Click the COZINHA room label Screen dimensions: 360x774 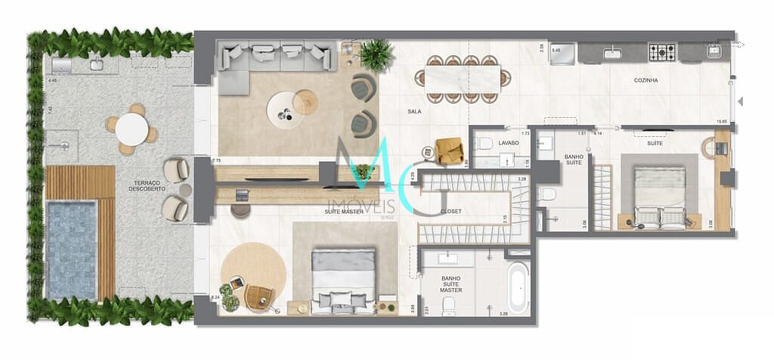(646, 80)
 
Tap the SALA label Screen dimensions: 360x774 (414, 111)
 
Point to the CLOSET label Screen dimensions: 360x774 (450, 211)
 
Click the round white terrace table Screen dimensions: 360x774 (132, 129)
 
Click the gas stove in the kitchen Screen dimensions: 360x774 (662, 52)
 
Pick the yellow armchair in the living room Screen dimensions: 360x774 (450, 151)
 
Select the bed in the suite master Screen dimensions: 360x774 (344, 279)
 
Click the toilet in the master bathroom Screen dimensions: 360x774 (449, 306)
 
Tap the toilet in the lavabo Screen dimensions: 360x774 (486, 143)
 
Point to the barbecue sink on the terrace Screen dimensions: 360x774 (97, 65)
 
